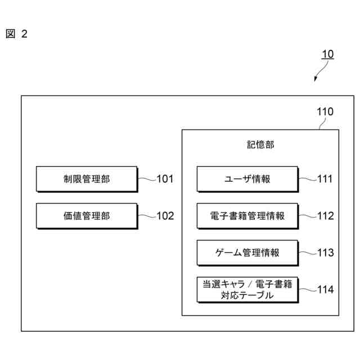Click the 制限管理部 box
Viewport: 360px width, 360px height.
[87, 179]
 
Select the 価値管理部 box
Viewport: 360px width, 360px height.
[87, 216]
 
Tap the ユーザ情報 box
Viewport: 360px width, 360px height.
[247, 179]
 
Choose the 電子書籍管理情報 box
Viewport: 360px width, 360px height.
[247, 216]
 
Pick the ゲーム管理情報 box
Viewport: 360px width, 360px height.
[247, 253]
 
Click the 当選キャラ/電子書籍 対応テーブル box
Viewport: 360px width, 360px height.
[247, 290]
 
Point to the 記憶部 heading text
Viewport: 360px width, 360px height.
[260, 145]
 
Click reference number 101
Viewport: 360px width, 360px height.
[165, 179]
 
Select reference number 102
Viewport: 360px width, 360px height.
[165, 216]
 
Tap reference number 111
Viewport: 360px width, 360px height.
[325, 179]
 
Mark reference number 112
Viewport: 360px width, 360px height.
[325, 216]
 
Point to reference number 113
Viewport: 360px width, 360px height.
[325, 253]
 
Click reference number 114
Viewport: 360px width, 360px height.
[325, 290]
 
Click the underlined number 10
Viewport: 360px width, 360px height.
[327, 55]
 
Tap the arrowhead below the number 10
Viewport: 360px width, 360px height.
[316, 79]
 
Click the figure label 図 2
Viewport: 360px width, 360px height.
[16, 34]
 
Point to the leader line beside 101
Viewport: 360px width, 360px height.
[146, 179]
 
